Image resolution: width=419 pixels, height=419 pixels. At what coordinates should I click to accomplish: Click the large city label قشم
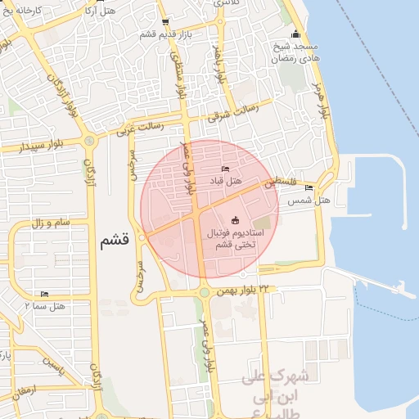click(115, 241)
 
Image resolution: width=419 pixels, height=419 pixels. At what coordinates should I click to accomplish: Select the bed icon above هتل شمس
click(309, 188)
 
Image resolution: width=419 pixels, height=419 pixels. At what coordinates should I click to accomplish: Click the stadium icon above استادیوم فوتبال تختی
click(237, 219)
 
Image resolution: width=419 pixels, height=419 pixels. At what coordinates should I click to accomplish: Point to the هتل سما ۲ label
click(46, 306)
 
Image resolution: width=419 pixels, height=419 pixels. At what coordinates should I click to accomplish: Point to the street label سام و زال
click(48, 223)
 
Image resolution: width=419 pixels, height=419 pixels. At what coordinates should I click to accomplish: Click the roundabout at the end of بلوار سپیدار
click(89, 141)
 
